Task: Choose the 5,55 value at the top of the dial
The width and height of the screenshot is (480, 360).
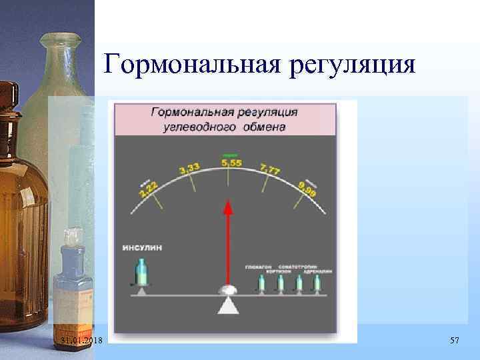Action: click(x=231, y=163)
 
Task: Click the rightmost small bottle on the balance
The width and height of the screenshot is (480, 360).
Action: click(x=317, y=284)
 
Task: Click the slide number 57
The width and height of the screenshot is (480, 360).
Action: click(x=455, y=341)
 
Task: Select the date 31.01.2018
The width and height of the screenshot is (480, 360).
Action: click(x=81, y=341)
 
